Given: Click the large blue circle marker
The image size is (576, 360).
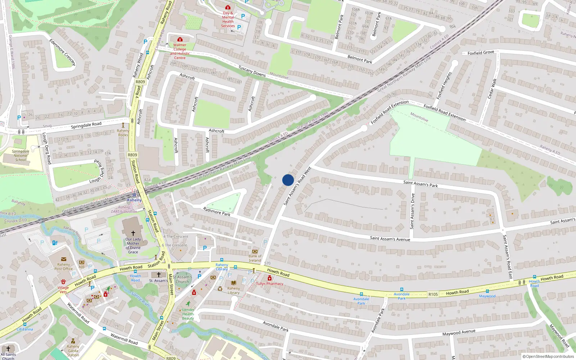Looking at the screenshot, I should pos(288,180).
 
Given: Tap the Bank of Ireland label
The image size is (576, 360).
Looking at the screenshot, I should pos(255,258).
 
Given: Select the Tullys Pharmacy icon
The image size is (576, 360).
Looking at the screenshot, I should pos(270,278).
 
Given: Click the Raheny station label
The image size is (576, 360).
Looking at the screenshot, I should pos(134,200).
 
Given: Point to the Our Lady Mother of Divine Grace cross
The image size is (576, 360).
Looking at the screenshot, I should pos(133,233).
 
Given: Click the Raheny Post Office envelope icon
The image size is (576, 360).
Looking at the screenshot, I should pos(64,259).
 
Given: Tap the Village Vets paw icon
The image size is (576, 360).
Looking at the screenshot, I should pos(63,282).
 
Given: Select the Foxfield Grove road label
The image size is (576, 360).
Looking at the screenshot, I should pos(481,53).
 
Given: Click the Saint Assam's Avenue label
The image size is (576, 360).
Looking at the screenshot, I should pos(390,238).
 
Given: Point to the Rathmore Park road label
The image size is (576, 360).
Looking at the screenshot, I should pos(216,211).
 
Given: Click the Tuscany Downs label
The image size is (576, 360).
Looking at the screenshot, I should pos(252,71).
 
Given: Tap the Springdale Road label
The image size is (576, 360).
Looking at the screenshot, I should pos(86,125).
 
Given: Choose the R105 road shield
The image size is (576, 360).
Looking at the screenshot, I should pos(433,294).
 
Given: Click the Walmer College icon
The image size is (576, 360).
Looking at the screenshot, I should pos(180,39).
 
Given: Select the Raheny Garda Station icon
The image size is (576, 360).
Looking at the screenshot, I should pos(73,341).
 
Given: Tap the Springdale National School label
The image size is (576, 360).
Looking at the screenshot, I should pos(21,156).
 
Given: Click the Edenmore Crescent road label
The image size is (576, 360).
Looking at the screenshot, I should pos(62,52).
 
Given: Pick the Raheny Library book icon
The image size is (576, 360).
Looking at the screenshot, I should pos(234,283).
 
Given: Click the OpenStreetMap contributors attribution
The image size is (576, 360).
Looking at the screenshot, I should pos(548,356).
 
